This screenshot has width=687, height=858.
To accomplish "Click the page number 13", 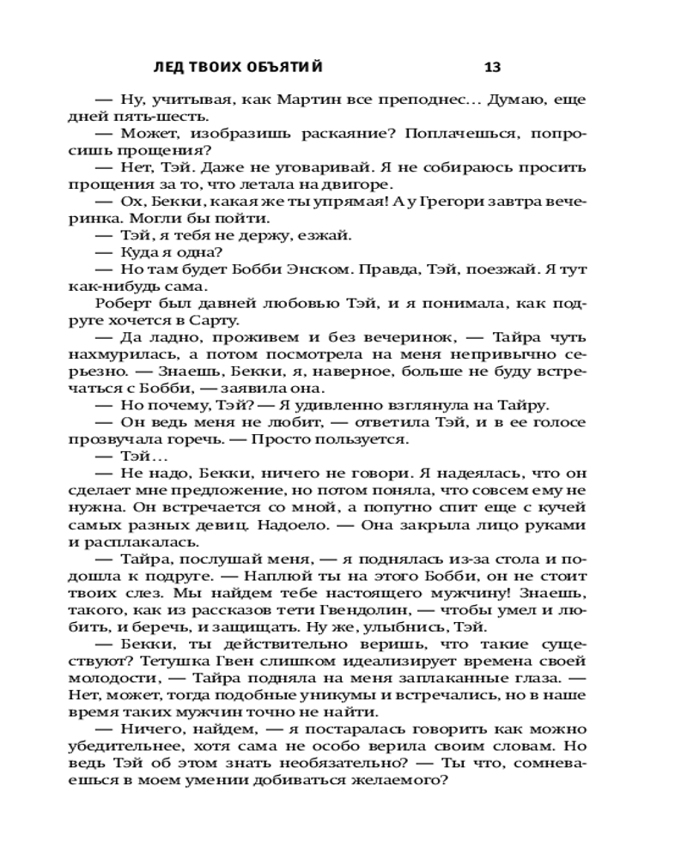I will pyautogui.click(x=492, y=67).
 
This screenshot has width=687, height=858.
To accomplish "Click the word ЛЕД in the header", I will pyautogui.click(x=166, y=67).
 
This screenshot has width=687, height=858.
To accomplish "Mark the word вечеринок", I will pyautogui.click(x=347, y=336).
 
